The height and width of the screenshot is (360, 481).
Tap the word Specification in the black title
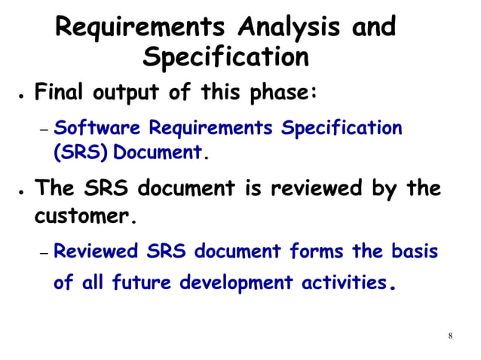(225, 57)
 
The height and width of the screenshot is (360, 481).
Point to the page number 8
(450, 335)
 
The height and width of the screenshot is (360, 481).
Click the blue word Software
(95, 127)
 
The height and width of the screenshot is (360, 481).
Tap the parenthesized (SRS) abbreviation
(75, 152)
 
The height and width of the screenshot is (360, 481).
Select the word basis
(414, 251)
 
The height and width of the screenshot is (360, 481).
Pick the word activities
(344, 283)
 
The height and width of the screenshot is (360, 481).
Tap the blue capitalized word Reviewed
(97, 251)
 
